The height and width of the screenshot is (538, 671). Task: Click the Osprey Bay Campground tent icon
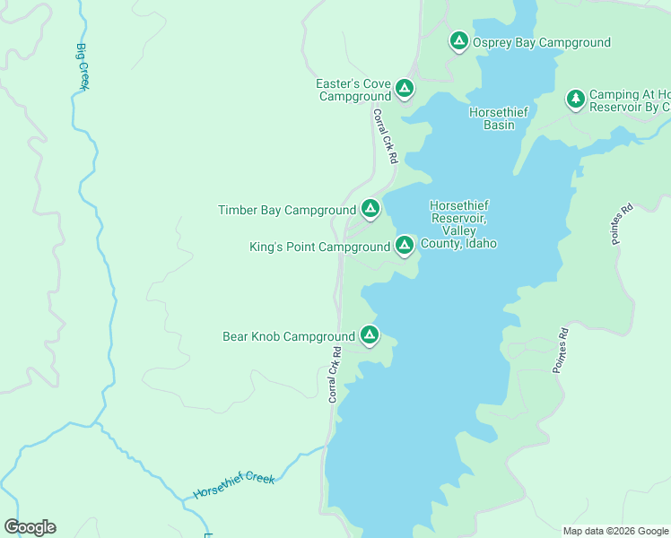click(458, 40)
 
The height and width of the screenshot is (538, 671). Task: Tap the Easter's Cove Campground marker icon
click(404, 88)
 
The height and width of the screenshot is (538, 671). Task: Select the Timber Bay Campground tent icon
click(369, 209)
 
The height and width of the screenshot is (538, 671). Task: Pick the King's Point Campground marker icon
click(404, 244)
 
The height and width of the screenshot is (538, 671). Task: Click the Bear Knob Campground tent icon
click(369, 335)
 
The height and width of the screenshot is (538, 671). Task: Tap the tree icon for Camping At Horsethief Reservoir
click(575, 98)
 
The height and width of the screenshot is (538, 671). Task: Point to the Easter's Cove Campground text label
click(353, 90)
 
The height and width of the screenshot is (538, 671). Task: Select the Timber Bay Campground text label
click(287, 211)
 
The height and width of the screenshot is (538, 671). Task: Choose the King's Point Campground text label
click(319, 247)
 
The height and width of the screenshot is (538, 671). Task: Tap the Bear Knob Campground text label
click(289, 337)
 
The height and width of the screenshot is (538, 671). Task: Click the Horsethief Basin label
click(499, 118)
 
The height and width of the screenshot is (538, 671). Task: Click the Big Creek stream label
click(83, 66)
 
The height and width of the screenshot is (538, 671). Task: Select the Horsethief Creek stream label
click(234, 486)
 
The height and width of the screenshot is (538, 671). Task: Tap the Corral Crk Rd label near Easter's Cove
click(384, 136)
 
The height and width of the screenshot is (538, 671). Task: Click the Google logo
click(30, 527)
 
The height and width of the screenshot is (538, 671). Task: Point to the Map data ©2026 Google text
click(615, 531)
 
